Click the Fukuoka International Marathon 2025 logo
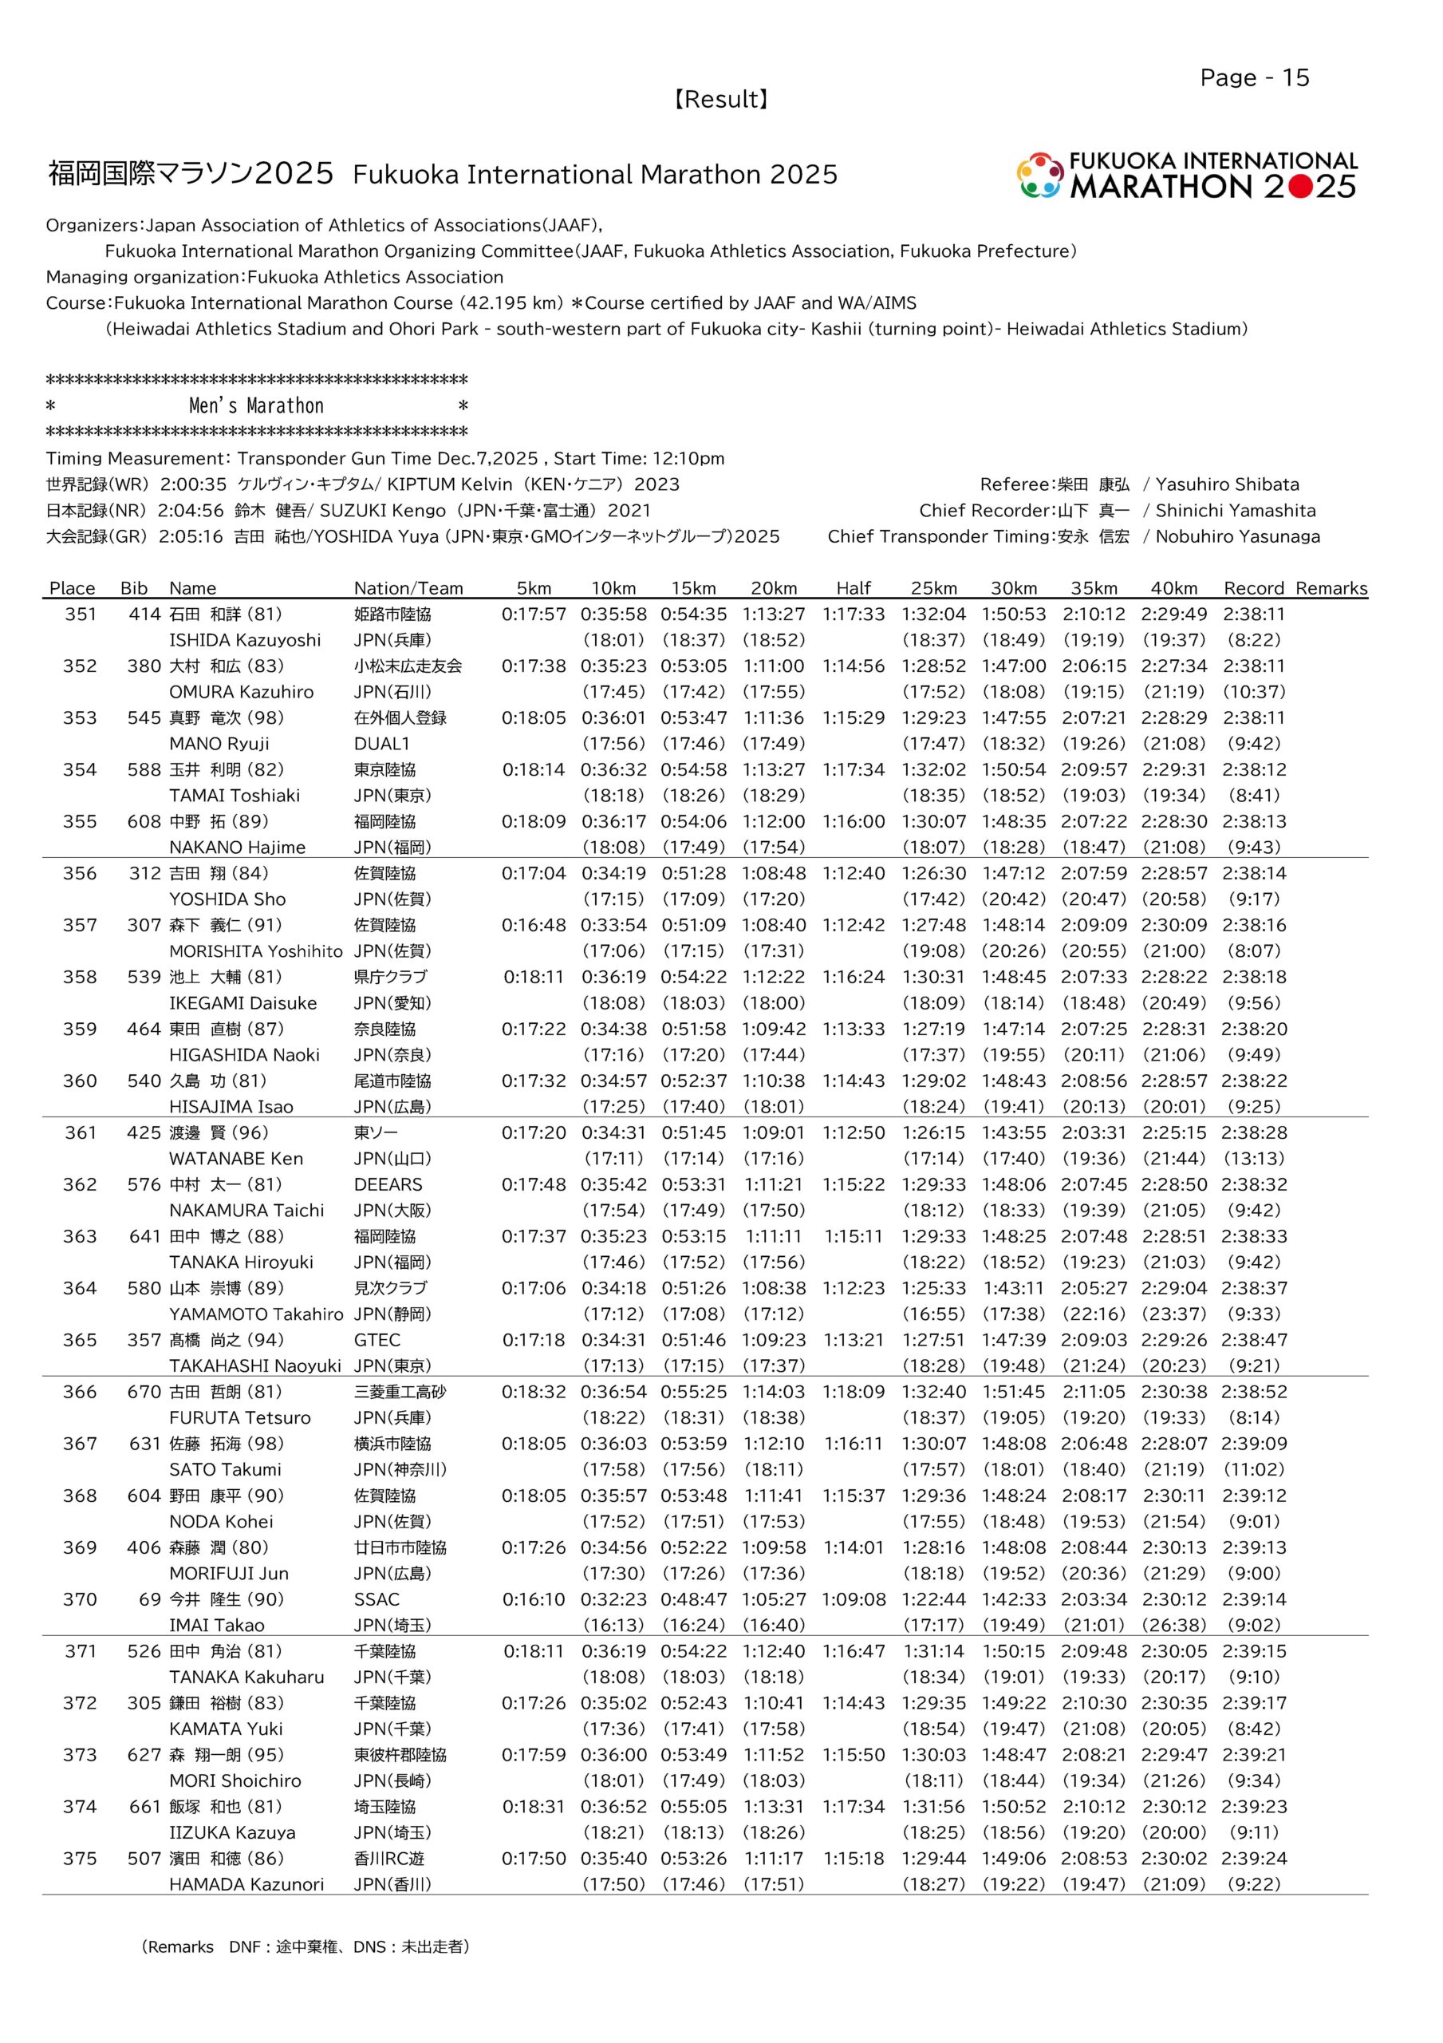(1187, 176)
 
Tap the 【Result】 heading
(720, 100)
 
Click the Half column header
(854, 588)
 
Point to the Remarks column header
(1331, 588)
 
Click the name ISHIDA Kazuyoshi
(245, 640)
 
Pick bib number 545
(144, 717)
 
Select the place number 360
(80, 1081)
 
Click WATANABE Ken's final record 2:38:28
(1253, 1132)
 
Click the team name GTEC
(377, 1340)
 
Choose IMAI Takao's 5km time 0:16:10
(534, 1599)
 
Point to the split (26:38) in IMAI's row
(1173, 1625)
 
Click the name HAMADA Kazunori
(246, 1885)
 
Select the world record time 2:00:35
(193, 485)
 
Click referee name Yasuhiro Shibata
(1227, 485)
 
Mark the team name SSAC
(377, 1599)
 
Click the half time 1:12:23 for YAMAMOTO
(854, 1288)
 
